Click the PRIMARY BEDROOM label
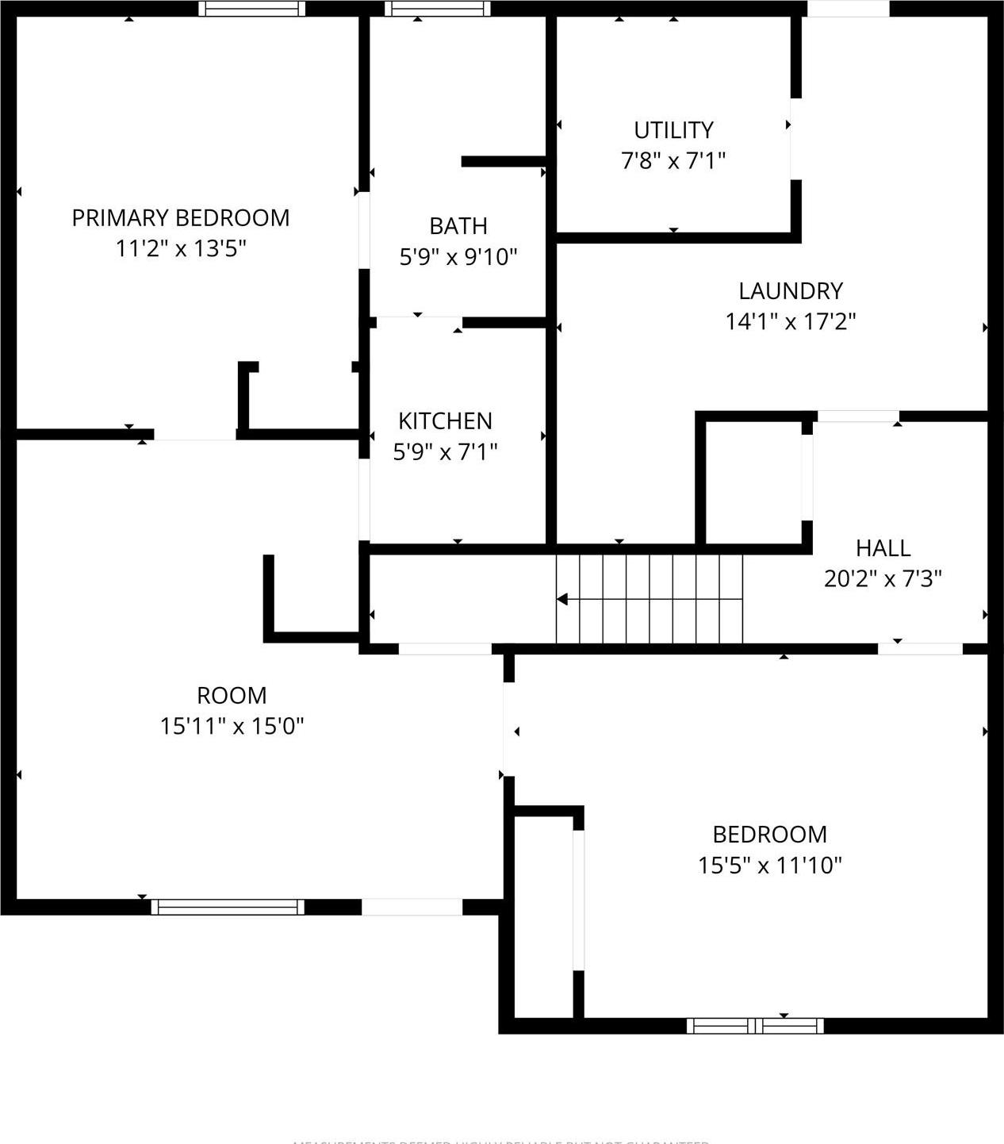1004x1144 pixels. [x=181, y=217]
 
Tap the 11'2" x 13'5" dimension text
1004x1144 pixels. [x=181, y=249]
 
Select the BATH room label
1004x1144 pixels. [x=458, y=226]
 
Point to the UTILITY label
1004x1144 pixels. [x=673, y=130]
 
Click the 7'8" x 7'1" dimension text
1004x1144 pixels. [x=673, y=161]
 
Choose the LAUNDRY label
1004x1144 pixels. [x=790, y=291]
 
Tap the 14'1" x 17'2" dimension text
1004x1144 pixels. [x=790, y=322]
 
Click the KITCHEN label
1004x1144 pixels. [x=445, y=420]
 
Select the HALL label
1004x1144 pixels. [x=883, y=548]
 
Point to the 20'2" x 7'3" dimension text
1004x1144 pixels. [x=883, y=579]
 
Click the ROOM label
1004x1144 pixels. [x=232, y=696]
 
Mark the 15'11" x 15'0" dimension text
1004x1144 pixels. [x=232, y=726]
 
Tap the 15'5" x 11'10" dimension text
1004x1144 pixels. [x=769, y=865]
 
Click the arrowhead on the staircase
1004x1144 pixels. [x=562, y=599]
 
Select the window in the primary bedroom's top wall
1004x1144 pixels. [x=251, y=9]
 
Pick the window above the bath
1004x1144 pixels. [x=437, y=9]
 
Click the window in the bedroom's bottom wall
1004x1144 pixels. [x=755, y=1026]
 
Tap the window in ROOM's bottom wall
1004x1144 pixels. [x=228, y=907]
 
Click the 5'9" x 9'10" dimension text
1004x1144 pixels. [x=458, y=257]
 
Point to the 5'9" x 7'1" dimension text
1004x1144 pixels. [x=445, y=452]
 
